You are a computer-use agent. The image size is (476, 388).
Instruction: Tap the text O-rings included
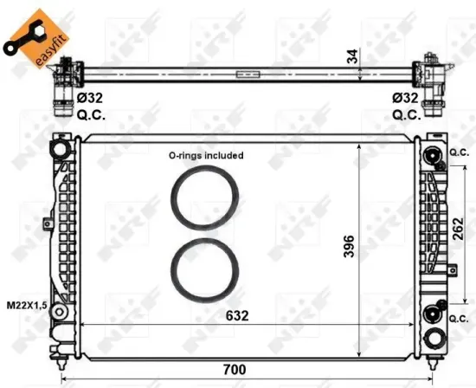[206, 156]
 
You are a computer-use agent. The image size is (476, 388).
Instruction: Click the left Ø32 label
[92, 100]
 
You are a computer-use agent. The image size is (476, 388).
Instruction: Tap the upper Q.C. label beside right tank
[458, 153]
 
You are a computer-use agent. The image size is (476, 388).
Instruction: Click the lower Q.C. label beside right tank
[458, 318]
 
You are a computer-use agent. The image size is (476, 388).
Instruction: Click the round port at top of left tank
[59, 150]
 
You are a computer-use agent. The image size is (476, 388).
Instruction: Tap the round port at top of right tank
[432, 155]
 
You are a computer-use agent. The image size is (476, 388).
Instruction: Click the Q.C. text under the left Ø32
[92, 114]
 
